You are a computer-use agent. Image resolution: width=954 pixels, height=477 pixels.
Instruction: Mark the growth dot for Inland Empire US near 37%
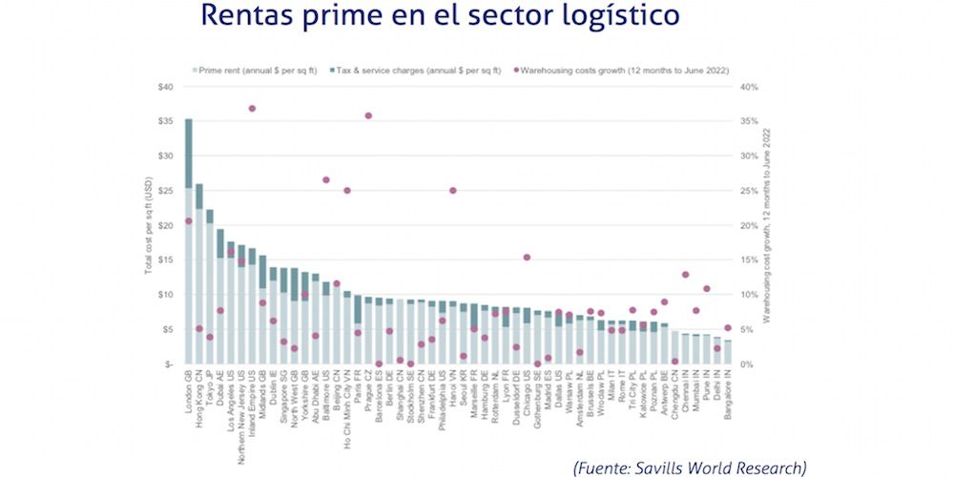(x=252, y=109)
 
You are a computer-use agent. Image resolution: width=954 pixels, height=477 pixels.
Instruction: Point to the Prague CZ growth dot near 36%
(x=368, y=115)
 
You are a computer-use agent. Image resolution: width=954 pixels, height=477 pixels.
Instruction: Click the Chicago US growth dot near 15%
(x=527, y=258)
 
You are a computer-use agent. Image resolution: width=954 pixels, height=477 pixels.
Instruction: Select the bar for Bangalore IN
(x=728, y=352)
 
